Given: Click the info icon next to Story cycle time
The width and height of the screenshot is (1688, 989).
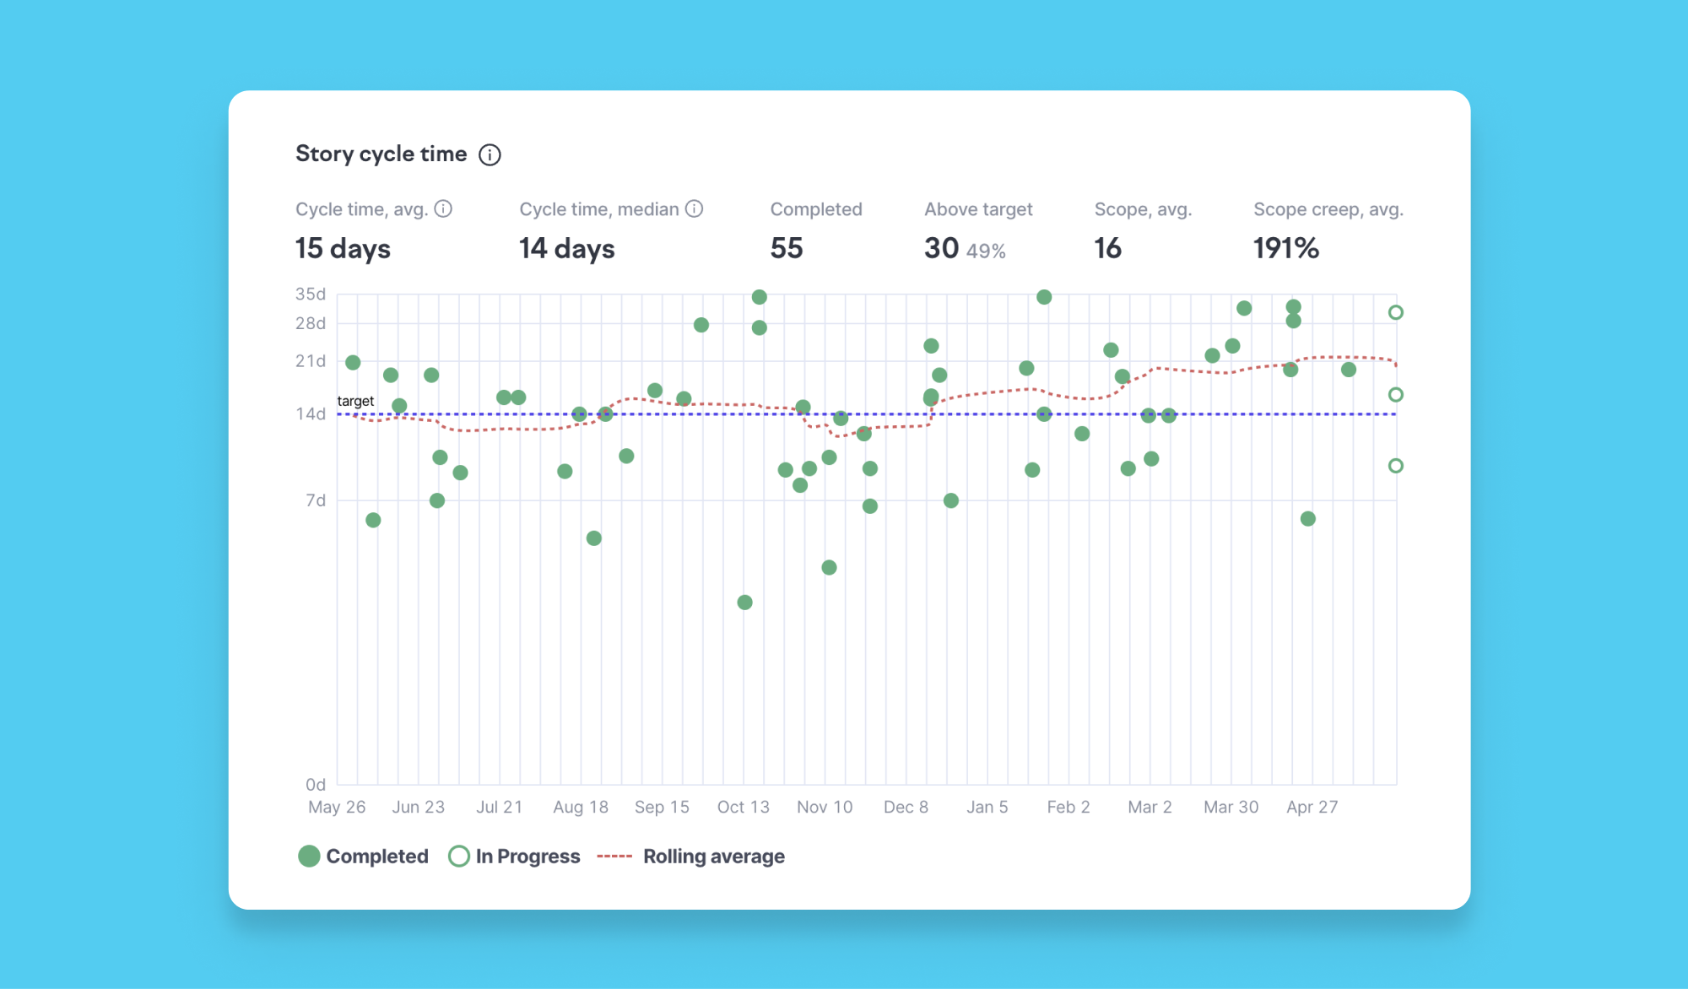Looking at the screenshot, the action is (490, 154).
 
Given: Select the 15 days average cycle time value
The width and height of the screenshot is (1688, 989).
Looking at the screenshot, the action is (343, 248).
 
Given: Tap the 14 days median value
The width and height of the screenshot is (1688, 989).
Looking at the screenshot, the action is (566, 248).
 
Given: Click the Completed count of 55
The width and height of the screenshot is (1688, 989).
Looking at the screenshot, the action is (787, 248).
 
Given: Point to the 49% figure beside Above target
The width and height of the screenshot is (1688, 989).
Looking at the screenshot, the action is (986, 251).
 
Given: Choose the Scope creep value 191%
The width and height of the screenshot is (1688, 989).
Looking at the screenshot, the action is (1286, 248).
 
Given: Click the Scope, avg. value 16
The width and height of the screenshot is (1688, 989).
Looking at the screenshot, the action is (1107, 248).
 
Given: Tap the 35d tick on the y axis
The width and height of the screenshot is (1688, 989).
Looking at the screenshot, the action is (310, 294).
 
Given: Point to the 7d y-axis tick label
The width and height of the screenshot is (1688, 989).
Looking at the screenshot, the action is (316, 500).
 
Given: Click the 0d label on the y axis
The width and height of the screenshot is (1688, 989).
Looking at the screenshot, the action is (316, 785).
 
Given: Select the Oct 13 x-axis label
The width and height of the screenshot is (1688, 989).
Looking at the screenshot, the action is (744, 807).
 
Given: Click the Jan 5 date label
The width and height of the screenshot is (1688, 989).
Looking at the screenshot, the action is (987, 807).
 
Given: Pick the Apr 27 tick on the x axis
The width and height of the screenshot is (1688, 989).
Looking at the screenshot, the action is (1312, 807).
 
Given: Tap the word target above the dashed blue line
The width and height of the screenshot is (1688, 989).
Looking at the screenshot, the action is (355, 401).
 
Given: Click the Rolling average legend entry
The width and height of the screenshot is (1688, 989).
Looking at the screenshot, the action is (690, 857).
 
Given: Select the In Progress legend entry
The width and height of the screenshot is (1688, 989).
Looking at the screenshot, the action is (514, 857).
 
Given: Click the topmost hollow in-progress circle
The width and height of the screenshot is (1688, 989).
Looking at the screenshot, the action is (1396, 312).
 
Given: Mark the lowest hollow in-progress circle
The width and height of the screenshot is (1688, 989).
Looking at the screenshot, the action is (1396, 466).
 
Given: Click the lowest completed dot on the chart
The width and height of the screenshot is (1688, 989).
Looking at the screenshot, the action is (744, 603).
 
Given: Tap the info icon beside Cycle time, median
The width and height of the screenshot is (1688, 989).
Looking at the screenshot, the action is (694, 208).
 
